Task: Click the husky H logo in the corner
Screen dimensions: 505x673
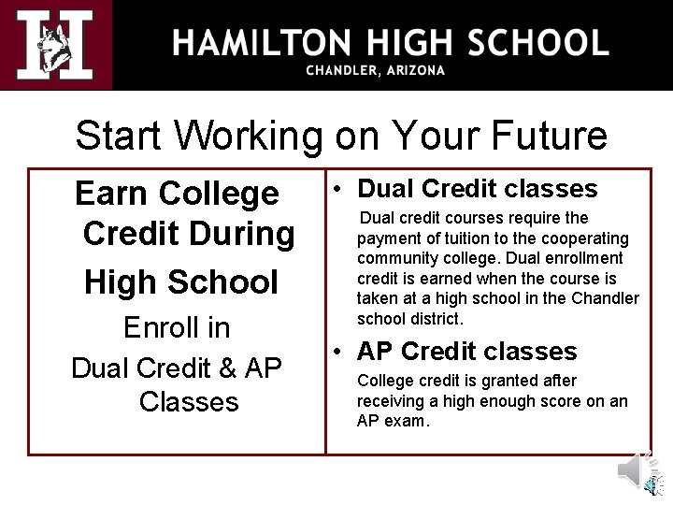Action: tap(55, 44)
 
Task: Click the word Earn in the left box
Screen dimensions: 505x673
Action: tap(110, 194)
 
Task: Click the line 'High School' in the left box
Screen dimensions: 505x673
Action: tap(181, 281)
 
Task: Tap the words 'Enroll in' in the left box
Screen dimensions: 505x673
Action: tap(177, 328)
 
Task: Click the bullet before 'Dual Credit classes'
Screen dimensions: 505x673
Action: tap(341, 189)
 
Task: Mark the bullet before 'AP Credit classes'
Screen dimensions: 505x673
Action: tap(341, 353)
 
